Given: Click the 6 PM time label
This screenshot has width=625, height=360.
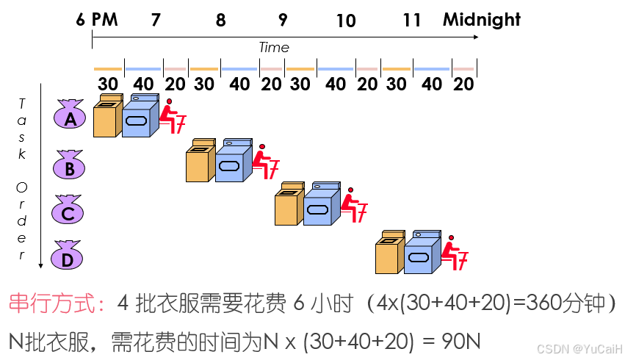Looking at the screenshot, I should click(96, 20).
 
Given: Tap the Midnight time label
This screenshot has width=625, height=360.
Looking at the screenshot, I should click(481, 20).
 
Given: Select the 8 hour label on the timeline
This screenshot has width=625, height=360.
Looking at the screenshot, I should click(220, 21).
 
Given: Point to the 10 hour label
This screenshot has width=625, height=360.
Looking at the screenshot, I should click(345, 21).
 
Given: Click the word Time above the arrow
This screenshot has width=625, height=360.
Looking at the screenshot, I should click(273, 48).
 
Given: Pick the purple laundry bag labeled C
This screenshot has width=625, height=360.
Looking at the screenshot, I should click(68, 212).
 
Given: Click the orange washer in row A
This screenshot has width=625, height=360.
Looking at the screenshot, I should click(107, 118).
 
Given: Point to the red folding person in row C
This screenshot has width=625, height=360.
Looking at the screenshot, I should click(355, 206).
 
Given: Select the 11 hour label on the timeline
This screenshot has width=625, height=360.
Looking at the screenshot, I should click(412, 21).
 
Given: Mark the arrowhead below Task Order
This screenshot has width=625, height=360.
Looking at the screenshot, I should click(41, 264).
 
